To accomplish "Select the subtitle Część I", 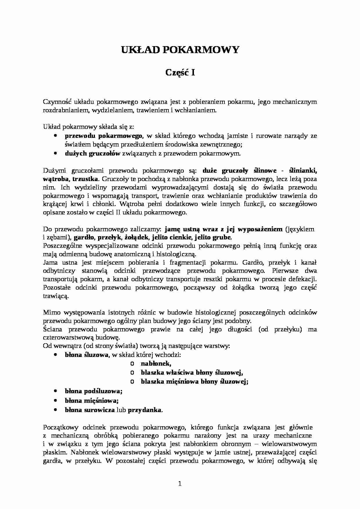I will pos(180,73).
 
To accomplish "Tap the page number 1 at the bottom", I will pos(180,483).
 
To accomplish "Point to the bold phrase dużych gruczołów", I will pos(92,154).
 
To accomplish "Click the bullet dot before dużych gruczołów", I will pos(55,154).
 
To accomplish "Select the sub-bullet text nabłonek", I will pos(156,363).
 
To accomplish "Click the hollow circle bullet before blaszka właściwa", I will pos(132,373).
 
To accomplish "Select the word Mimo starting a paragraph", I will pos(52,313).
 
